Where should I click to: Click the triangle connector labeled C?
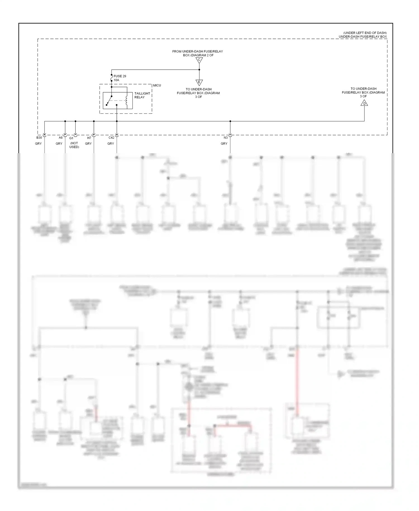coord(199,60)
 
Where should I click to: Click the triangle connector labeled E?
coord(199,82)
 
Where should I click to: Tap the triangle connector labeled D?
coord(364,103)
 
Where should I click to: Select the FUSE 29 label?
coord(120,76)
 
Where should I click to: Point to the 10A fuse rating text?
coord(116,80)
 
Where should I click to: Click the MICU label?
coord(157,85)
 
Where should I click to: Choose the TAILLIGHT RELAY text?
coord(142,95)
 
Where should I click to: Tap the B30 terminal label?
coord(39,138)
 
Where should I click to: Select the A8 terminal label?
coord(61,138)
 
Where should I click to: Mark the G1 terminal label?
coord(71,138)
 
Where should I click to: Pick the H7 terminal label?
coord(89,138)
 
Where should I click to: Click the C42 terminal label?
coord(111,138)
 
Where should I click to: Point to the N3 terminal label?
coord(225,138)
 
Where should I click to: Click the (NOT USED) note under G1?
coord(74,145)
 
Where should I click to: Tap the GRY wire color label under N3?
coord(224,143)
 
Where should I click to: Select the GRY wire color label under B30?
coord(38,143)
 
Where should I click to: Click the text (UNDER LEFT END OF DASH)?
coord(365,33)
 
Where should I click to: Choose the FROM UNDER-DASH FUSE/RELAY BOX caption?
coord(197,53)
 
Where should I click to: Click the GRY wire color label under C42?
coord(111,143)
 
